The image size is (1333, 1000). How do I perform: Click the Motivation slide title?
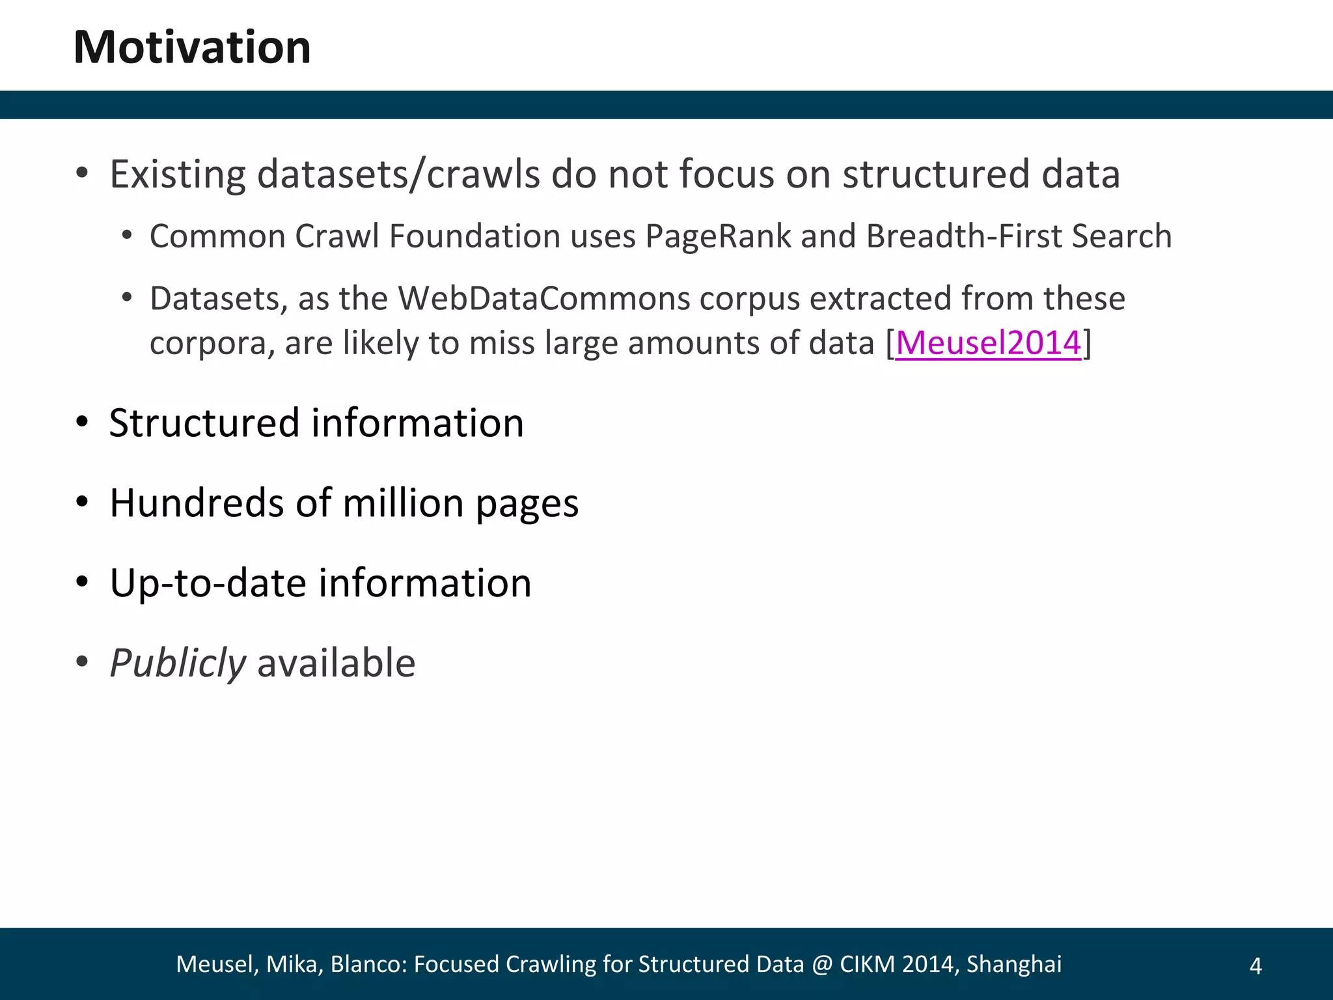192,48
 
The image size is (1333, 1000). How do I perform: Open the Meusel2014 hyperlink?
988,342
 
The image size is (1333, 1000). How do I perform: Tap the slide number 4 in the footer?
1256,965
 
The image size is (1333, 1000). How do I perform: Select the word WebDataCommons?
544,299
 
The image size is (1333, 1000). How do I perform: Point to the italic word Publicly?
177,663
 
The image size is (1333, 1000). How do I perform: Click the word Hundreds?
197,503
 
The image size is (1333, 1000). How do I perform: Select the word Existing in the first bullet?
178,174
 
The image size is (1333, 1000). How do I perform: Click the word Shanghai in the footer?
1014,964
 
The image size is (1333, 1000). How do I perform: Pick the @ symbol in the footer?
821,964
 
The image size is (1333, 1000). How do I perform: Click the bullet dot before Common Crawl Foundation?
127,236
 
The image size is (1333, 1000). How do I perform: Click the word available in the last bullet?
336,663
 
